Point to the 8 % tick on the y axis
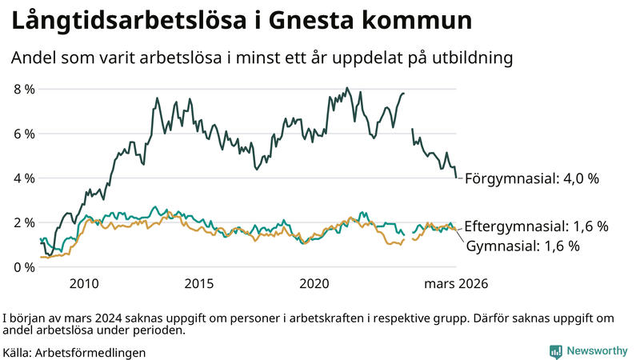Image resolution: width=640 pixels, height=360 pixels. (x=23, y=89)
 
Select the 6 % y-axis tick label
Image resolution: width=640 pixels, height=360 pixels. (x=23, y=134)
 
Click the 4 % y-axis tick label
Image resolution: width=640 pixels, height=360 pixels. (x=23, y=178)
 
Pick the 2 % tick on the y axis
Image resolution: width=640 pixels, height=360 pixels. (x=23, y=222)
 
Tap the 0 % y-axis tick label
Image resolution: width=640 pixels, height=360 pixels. (x=23, y=266)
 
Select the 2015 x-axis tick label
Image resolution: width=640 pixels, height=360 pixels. (x=199, y=283)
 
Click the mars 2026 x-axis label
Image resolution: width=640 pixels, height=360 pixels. (x=456, y=283)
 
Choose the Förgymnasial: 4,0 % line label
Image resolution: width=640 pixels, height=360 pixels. (x=531, y=178)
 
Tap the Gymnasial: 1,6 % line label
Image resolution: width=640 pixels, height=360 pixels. (x=522, y=246)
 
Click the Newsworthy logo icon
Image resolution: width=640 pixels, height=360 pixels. (x=555, y=351)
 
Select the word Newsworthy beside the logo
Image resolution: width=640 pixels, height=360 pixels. (x=597, y=351)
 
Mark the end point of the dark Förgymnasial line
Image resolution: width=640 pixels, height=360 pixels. (x=456, y=178)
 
